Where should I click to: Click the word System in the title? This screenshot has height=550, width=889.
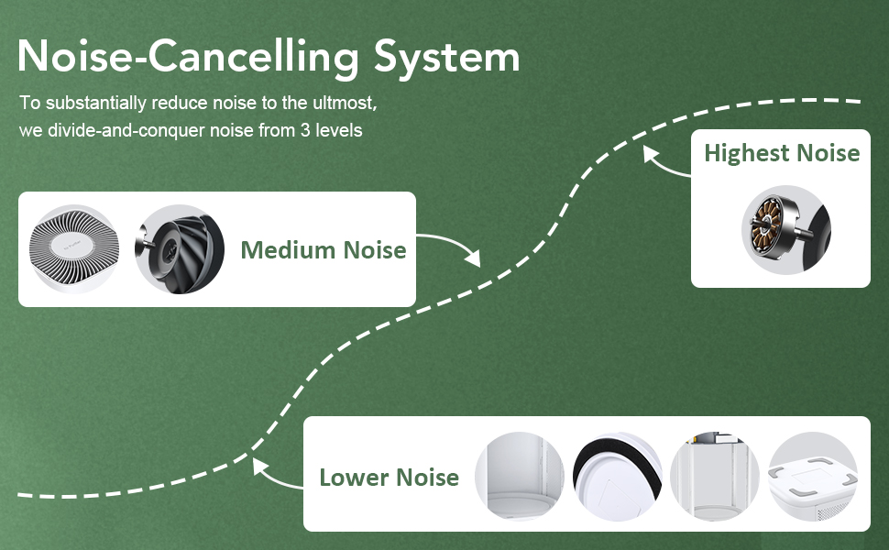pyautogui.click(x=446, y=58)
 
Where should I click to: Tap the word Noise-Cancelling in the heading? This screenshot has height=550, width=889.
pyautogui.click(x=189, y=57)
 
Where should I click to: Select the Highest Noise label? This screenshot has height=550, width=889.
pyautogui.click(x=782, y=153)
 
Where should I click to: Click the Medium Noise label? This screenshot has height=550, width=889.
pyautogui.click(x=323, y=249)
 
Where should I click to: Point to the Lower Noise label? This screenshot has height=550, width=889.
pyautogui.click(x=389, y=478)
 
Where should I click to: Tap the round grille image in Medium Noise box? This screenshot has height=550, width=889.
pyautogui.click(x=75, y=249)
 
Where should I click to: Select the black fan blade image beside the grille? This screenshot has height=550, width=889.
pyautogui.click(x=180, y=249)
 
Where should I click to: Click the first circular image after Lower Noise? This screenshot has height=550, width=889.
pyautogui.click(x=520, y=477)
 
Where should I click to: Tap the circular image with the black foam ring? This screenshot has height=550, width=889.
pyautogui.click(x=617, y=477)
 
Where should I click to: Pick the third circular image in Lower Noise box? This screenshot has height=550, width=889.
pyautogui.click(x=714, y=477)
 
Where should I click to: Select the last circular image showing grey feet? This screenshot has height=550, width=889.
pyautogui.click(x=812, y=477)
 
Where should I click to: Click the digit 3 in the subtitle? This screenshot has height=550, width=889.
pyautogui.click(x=304, y=131)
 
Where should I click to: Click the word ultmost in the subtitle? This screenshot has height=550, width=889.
pyautogui.click(x=346, y=101)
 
